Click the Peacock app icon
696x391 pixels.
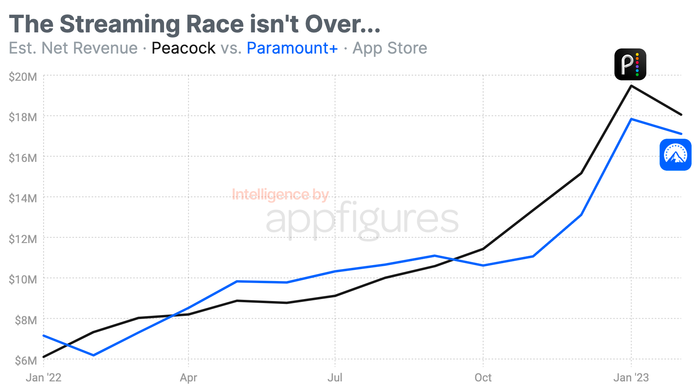[x=630, y=64]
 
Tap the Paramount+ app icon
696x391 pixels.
[x=675, y=155]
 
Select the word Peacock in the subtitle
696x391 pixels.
[x=184, y=48]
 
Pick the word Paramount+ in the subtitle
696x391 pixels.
[x=292, y=48]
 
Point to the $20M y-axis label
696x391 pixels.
[x=23, y=77]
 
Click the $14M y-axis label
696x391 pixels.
[x=23, y=198]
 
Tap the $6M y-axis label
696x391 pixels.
[x=26, y=361]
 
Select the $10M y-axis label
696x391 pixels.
[x=23, y=279]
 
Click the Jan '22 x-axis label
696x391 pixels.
[x=44, y=378]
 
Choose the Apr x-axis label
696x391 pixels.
[x=188, y=378]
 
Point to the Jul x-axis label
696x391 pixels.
[x=335, y=378]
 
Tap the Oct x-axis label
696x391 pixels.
[x=483, y=378]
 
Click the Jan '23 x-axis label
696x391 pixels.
[x=631, y=378]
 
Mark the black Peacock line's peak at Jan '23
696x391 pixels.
[x=631, y=86]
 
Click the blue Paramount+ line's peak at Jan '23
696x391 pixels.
[x=631, y=119]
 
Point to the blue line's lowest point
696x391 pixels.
[x=94, y=355]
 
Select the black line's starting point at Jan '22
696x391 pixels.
[x=44, y=357]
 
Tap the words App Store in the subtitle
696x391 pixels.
[x=390, y=48]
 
